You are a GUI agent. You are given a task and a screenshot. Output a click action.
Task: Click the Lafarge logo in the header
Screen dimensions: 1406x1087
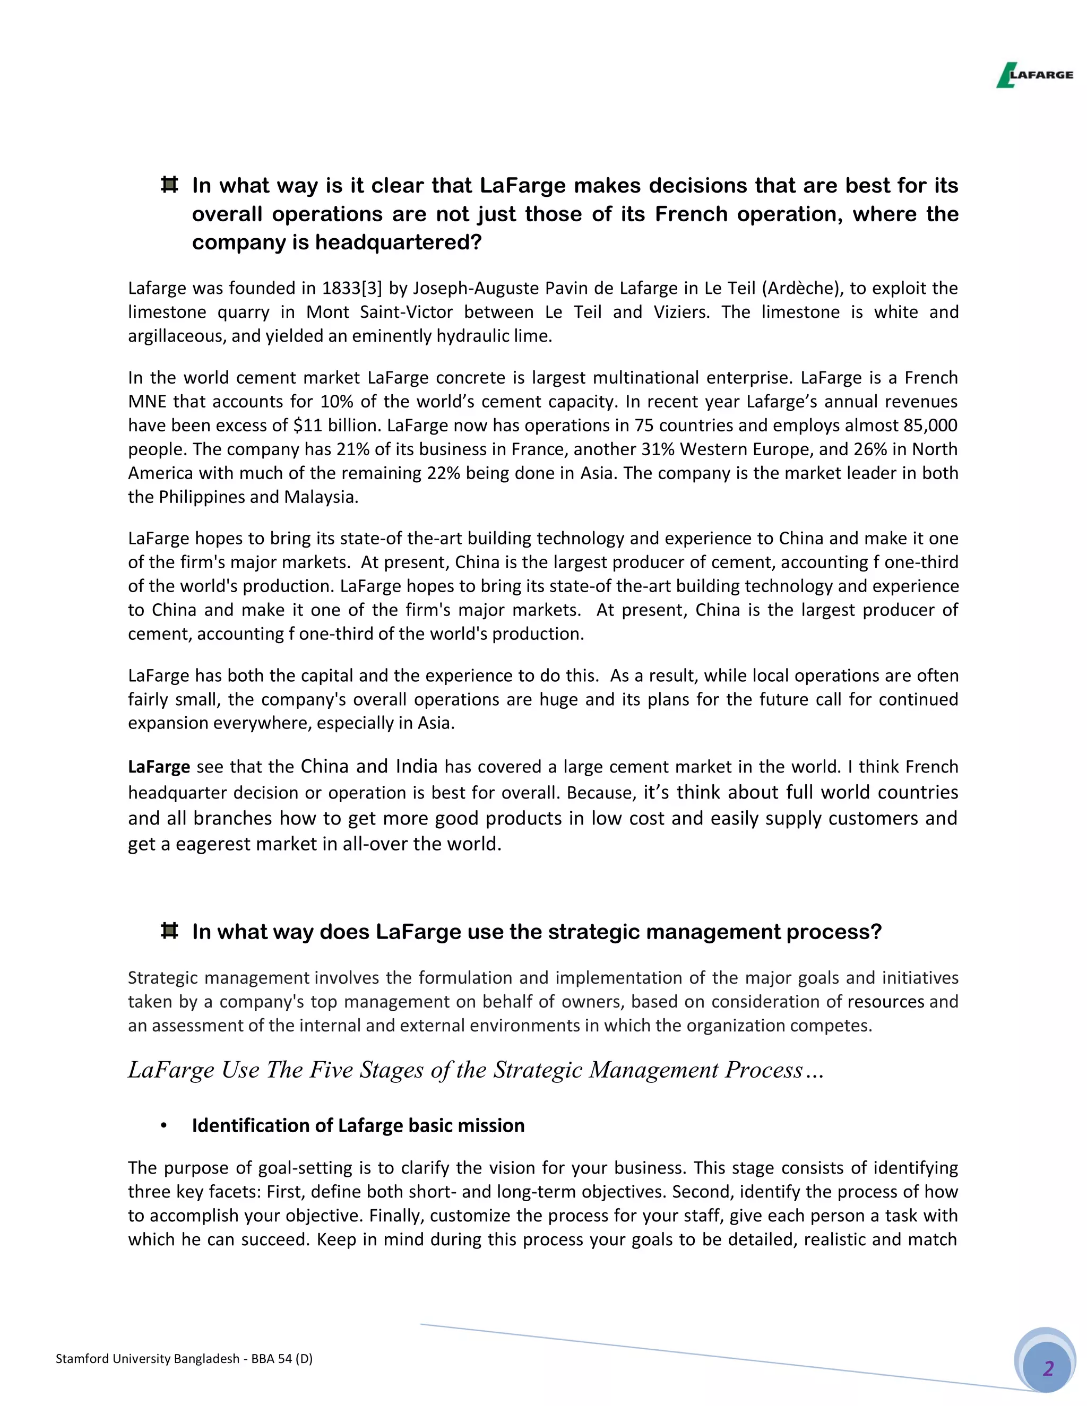point(1034,75)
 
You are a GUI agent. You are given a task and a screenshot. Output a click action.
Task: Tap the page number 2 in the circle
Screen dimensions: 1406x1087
point(1048,1367)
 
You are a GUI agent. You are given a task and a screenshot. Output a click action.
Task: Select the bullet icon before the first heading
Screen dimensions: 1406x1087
point(169,185)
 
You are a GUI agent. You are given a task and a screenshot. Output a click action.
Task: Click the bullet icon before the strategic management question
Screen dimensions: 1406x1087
point(169,931)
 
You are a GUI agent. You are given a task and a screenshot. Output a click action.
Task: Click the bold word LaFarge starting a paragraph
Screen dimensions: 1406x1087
point(158,767)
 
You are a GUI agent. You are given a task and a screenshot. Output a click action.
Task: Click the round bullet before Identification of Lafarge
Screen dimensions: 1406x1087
point(163,1125)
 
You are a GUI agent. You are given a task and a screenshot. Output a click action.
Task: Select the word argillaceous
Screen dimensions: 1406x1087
point(176,336)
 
